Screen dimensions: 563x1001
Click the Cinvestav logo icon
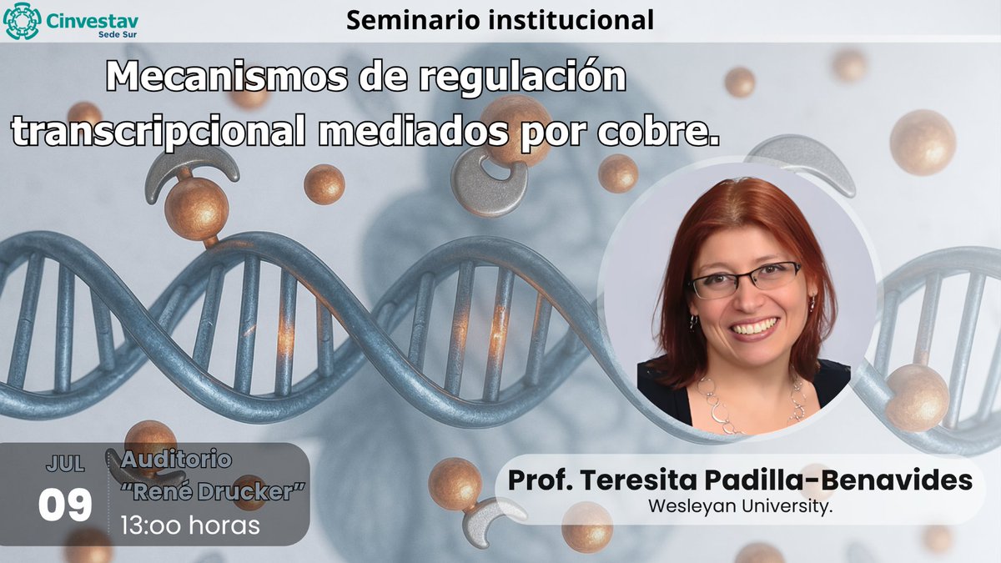(22, 21)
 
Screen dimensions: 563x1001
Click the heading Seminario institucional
(500, 20)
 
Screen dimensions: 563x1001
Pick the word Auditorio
(177, 459)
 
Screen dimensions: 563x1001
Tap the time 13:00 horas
(190, 525)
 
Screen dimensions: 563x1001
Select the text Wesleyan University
(739, 505)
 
